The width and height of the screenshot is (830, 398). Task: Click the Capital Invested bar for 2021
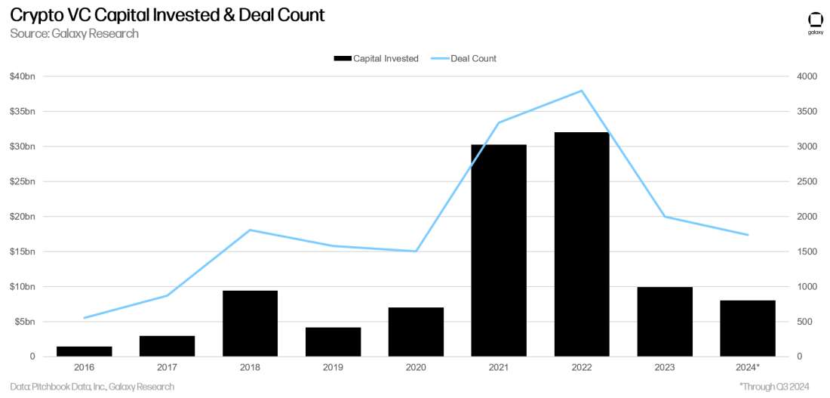[x=499, y=250]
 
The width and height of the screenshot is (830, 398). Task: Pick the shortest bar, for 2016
[x=84, y=351]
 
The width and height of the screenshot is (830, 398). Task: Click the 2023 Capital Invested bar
[x=665, y=322]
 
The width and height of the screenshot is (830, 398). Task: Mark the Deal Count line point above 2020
[x=416, y=251]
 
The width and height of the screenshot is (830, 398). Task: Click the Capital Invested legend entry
[x=376, y=58]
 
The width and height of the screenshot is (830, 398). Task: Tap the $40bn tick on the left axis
[x=23, y=76]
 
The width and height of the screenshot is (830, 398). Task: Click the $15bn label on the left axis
[x=23, y=251]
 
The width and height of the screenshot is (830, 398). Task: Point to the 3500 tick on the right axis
[x=805, y=112]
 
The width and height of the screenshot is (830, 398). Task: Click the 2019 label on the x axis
[x=333, y=367]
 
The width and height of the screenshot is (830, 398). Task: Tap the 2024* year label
[x=748, y=367]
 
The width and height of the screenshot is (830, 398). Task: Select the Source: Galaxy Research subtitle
[x=74, y=34]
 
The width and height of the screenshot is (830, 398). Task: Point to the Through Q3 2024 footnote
[x=774, y=387]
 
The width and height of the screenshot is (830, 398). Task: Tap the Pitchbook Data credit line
[x=92, y=387]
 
